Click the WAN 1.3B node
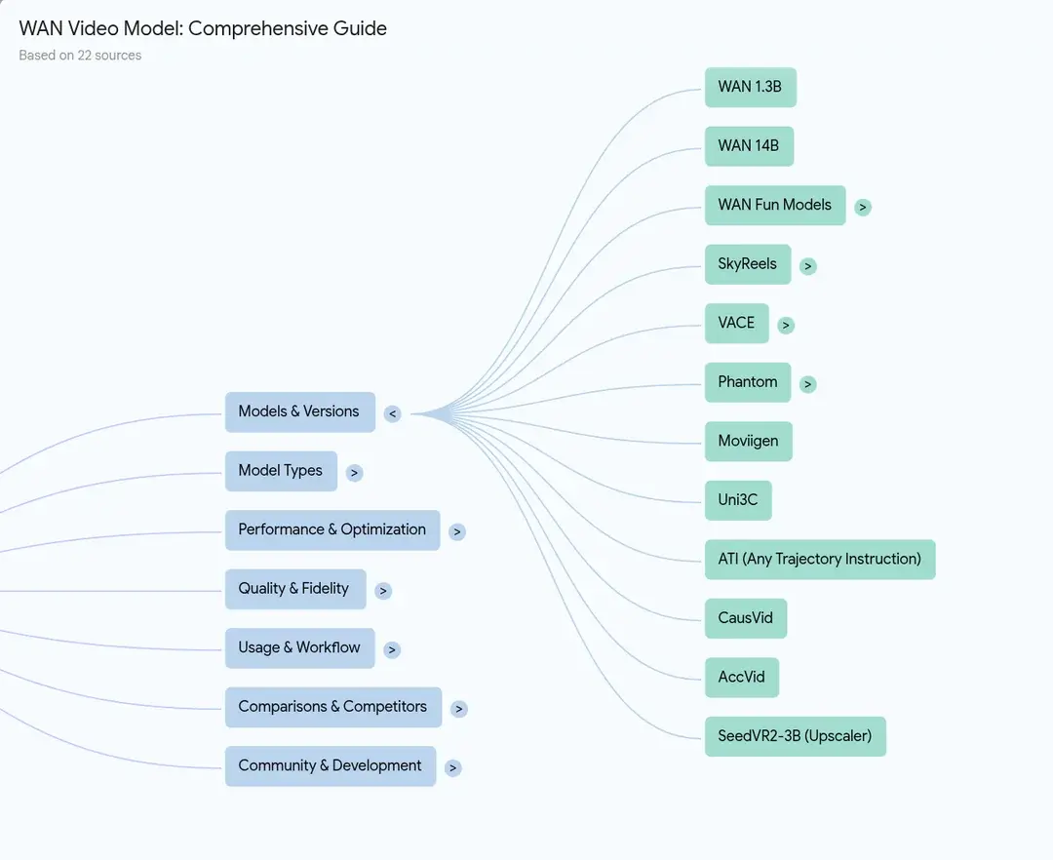750,87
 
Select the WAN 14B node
749,146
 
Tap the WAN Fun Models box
774,205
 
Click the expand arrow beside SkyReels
807,265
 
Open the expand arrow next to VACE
786,325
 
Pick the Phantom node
747,382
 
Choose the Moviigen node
748,442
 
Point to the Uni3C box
737,500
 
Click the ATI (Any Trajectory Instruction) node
819,559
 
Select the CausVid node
745,618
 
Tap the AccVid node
741,678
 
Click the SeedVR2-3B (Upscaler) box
795,736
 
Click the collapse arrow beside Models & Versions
392,413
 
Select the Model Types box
281,471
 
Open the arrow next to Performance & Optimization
457,531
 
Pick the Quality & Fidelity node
294,589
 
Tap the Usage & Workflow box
299,648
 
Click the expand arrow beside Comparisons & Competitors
459,709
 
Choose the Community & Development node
330,766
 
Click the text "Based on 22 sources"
80,56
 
